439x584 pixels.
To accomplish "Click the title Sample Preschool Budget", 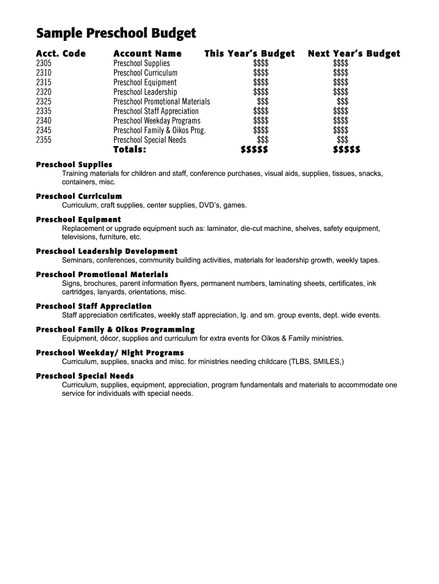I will pyautogui.click(x=116, y=34).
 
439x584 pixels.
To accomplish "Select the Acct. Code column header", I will pyautogui.click(x=61, y=54).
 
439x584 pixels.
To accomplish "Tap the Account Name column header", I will pyautogui.click(x=148, y=54).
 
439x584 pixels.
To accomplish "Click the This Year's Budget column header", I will pyautogui.click(x=250, y=54).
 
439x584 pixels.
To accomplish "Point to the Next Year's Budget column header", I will pyautogui.click(x=354, y=54).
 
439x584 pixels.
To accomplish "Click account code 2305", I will pyautogui.click(x=44, y=63).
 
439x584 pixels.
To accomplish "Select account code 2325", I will pyautogui.click(x=44, y=102).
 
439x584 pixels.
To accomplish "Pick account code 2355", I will pyautogui.click(x=44, y=140).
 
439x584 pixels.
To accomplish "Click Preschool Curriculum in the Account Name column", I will pyautogui.click(x=145, y=73).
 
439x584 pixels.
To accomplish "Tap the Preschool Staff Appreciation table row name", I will pyautogui.click(x=156, y=111).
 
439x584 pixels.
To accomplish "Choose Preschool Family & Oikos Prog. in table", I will pyautogui.click(x=160, y=130).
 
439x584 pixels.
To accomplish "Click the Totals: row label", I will pyautogui.click(x=130, y=150).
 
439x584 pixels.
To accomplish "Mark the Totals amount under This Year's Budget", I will pyautogui.click(x=254, y=150).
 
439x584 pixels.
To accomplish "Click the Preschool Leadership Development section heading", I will pyautogui.click(x=107, y=251).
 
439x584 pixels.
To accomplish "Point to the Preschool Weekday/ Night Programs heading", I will pyautogui.click(x=110, y=352).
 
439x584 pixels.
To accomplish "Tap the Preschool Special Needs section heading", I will pyautogui.click(x=85, y=376).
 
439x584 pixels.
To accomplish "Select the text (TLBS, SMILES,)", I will pyautogui.click(x=317, y=362).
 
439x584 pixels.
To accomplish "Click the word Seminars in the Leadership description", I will pyautogui.click(x=78, y=260).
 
